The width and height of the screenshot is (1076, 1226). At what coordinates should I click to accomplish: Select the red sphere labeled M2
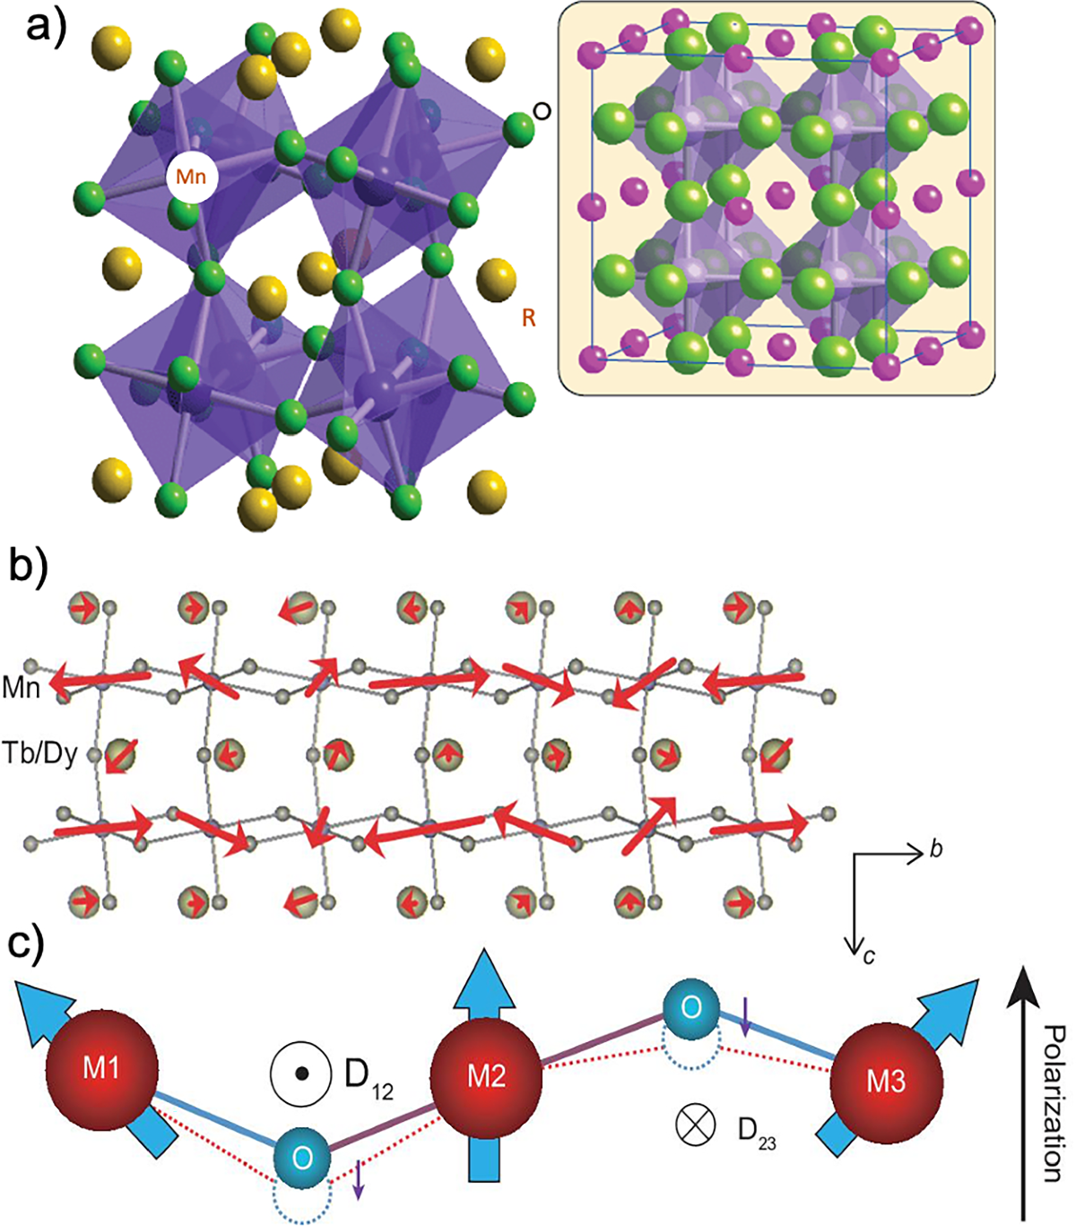(x=485, y=1076)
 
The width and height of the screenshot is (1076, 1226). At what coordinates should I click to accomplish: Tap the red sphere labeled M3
(x=885, y=1082)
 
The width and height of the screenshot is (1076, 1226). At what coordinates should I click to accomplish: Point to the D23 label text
(x=756, y=1132)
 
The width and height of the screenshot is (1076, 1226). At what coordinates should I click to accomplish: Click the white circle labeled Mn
(x=191, y=177)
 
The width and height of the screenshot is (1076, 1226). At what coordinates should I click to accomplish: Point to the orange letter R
(x=529, y=318)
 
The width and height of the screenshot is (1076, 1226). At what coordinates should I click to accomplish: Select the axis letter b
(x=936, y=849)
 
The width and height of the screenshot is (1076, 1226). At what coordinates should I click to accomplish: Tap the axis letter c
(x=869, y=956)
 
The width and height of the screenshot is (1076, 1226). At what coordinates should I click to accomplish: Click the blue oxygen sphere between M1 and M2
(x=302, y=1158)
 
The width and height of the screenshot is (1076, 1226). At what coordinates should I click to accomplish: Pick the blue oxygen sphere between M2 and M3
(x=690, y=1007)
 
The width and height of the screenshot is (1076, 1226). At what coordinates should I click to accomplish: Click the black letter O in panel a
(x=542, y=111)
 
